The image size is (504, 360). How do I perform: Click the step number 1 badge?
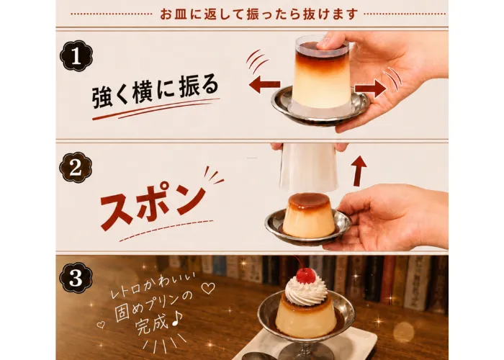point(76,55)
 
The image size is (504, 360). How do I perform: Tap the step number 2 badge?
point(76,168)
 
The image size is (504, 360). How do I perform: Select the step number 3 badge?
point(76,277)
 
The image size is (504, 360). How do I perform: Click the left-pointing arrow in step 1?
point(264,84)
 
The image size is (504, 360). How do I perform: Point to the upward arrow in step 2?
point(359,171)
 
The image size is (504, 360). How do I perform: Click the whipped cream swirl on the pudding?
point(306,292)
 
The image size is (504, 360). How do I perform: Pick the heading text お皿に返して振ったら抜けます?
point(258,14)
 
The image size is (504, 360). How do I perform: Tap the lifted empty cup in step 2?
point(309,167)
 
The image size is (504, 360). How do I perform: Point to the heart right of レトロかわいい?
point(207,288)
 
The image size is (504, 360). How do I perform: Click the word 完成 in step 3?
point(153,323)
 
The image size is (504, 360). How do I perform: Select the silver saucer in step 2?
point(309,228)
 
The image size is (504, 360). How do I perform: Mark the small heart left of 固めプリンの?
point(101,325)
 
